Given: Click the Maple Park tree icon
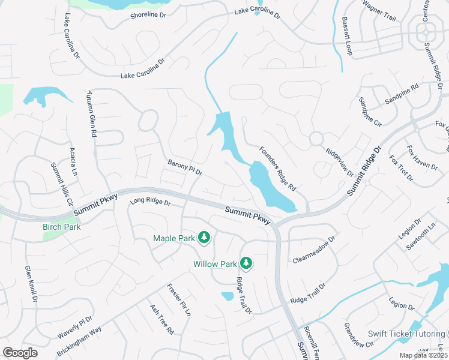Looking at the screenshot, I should pyautogui.click(x=204, y=238).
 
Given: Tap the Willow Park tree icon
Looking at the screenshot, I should pyautogui.click(x=246, y=263).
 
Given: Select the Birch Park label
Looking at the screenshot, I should pyautogui.click(x=61, y=227).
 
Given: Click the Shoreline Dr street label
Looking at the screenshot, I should pyautogui.click(x=148, y=15).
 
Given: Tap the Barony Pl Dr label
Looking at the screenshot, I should pyautogui.click(x=185, y=167).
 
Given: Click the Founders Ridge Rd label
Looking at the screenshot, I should pyautogui.click(x=278, y=169).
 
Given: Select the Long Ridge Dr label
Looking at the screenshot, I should pyautogui.click(x=151, y=203).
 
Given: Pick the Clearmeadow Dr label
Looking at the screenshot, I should pyautogui.click(x=313, y=250).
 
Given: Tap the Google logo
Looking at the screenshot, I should pyautogui.click(x=20, y=353).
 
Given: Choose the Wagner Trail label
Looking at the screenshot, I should pyautogui.click(x=379, y=10).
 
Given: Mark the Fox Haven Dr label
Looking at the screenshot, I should pyautogui.click(x=422, y=157).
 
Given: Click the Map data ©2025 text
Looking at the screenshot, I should pyautogui.click(x=423, y=355).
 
